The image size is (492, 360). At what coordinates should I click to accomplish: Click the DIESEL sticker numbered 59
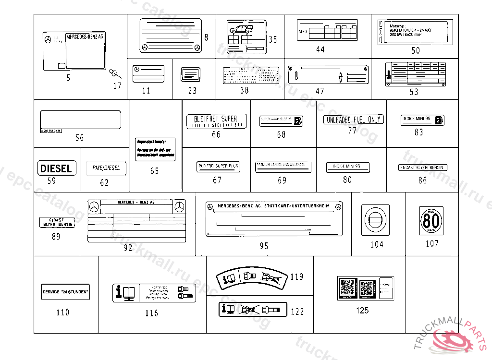point(57,168)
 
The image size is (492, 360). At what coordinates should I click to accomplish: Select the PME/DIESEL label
point(106,168)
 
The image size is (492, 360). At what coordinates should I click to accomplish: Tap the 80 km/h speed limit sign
point(431,221)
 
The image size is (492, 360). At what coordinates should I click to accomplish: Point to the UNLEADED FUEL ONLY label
point(353,120)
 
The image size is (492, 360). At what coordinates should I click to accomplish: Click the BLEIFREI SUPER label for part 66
point(216,121)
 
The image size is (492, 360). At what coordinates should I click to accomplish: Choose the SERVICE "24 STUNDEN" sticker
point(66,292)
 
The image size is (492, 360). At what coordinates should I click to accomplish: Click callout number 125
point(362,311)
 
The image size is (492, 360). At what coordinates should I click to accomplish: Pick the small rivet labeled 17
point(114,74)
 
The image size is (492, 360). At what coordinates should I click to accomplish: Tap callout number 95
point(264,246)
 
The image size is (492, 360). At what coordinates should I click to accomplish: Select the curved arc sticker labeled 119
point(252,278)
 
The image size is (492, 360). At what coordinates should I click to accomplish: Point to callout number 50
point(415,50)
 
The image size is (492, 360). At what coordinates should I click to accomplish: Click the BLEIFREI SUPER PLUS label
point(218,167)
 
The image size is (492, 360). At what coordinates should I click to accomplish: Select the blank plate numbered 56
point(80,120)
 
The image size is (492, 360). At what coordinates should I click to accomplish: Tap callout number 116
point(151,313)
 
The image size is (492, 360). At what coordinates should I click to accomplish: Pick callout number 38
point(245,90)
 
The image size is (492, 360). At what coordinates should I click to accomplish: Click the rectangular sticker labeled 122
point(253,310)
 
